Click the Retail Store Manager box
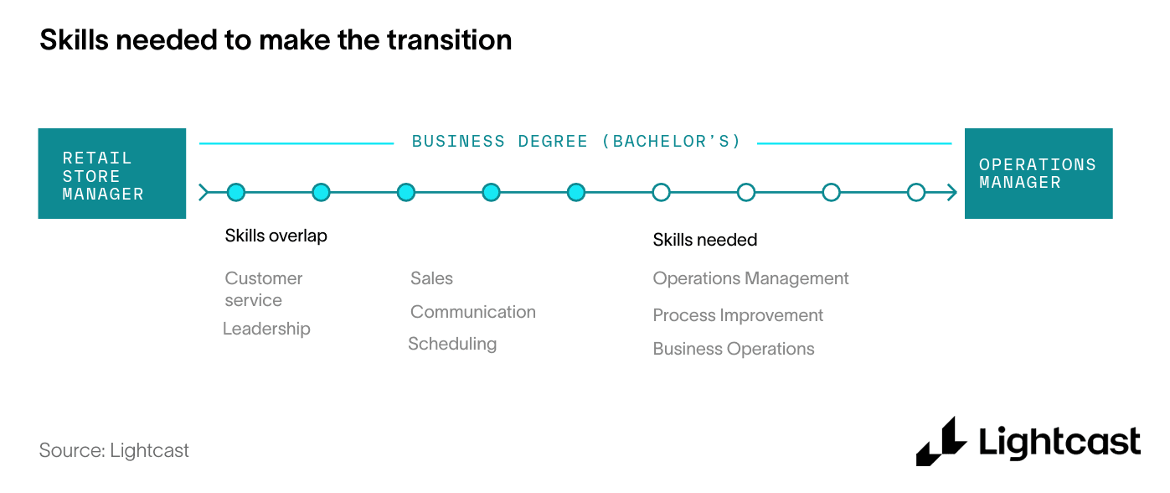(111, 174)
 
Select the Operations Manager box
(1039, 174)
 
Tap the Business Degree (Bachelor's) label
(576, 142)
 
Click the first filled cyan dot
(236, 192)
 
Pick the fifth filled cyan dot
(576, 192)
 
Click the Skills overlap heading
(276, 236)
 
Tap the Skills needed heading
(704, 240)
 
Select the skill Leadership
(266, 329)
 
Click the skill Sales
(431, 278)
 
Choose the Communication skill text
(472, 312)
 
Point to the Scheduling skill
(452, 344)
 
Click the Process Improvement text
(738, 315)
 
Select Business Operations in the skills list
(734, 349)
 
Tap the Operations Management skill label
(750, 278)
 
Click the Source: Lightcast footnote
(114, 450)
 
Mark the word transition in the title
(449, 39)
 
